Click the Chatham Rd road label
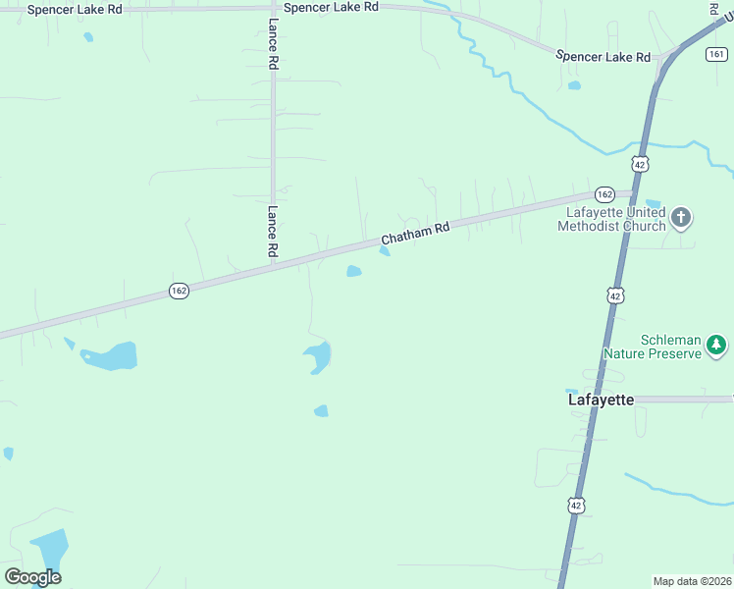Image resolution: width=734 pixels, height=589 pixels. coord(415,234)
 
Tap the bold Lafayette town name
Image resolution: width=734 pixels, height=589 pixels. coord(601,400)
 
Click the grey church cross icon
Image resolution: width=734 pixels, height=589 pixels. coord(681,218)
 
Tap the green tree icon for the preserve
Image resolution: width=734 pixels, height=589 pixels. coord(717,345)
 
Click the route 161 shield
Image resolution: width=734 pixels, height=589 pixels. coord(715,54)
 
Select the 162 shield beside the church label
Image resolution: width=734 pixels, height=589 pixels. coord(604,194)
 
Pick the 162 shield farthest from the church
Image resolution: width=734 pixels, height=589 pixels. coord(179,292)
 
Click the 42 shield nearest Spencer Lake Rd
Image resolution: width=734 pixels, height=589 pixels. coord(640,164)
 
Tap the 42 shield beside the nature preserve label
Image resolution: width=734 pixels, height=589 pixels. coord(615,294)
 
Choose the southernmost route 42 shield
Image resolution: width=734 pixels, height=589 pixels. coord(576,505)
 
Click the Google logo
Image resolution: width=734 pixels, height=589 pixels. coord(32,576)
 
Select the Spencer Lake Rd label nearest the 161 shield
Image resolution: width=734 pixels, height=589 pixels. coord(603,57)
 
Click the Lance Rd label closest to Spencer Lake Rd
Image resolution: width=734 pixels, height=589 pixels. coord(274,43)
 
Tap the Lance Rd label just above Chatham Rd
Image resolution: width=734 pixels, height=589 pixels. coord(273,232)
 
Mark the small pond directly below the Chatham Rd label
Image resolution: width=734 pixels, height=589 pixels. coord(354,271)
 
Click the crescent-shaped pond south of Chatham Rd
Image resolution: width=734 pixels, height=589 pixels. coord(318,357)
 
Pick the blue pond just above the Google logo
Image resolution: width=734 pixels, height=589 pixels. coord(48,548)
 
